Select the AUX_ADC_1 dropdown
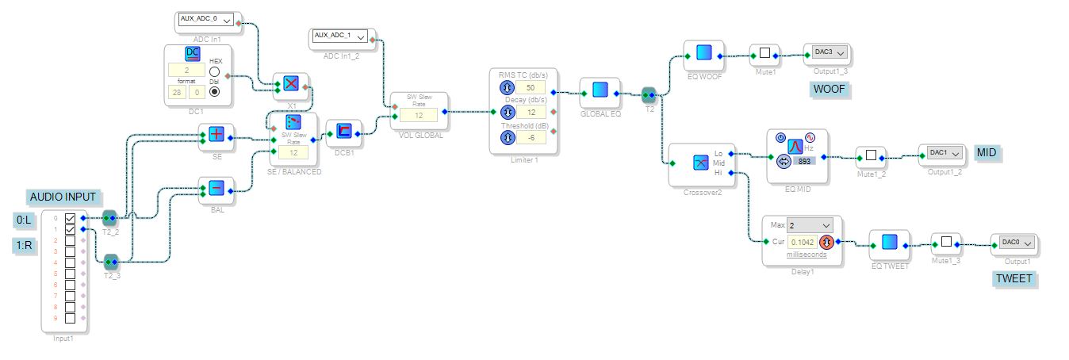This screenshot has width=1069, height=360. point(340,36)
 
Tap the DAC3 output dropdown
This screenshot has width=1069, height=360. point(830,52)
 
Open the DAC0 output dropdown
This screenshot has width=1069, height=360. point(1014,242)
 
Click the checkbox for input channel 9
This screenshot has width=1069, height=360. point(70,318)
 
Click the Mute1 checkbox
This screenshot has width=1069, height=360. point(764,54)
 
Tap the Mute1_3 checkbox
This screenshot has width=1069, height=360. point(945,243)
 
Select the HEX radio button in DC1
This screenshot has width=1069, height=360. point(214,71)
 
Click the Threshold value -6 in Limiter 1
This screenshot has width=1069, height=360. point(530,138)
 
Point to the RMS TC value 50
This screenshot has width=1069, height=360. point(530,87)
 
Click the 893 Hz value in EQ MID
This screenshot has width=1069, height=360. point(804,161)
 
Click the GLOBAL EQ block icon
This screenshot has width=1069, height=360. point(599,90)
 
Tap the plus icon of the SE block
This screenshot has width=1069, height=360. point(216,134)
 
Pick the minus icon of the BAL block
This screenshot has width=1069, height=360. point(216,188)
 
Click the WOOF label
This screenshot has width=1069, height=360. point(830,89)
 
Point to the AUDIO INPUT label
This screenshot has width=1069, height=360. point(63,197)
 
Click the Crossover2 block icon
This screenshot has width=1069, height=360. point(699,162)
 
